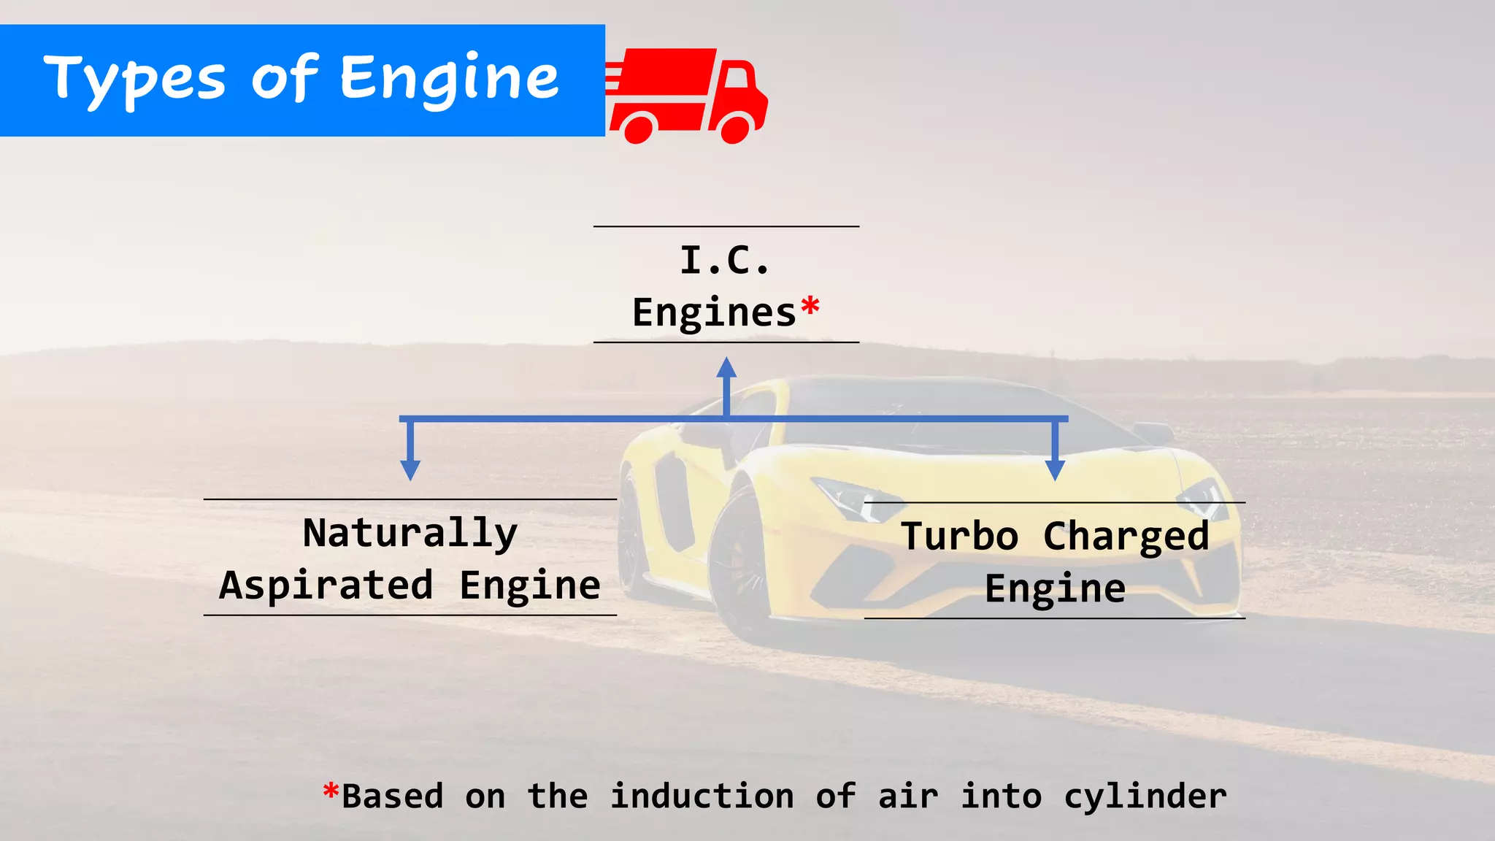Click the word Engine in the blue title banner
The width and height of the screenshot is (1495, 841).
tap(449, 79)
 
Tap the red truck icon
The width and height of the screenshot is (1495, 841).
tap(686, 95)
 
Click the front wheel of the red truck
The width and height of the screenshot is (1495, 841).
tap(735, 128)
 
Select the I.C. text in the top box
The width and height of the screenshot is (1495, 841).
tap(725, 261)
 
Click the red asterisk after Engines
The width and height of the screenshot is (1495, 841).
tap(810, 307)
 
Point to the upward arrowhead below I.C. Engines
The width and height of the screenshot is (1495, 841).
tap(726, 368)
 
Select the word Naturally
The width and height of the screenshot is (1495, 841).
tap(410, 533)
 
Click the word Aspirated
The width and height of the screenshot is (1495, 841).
tap(326, 585)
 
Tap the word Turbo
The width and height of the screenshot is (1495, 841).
tap(959, 537)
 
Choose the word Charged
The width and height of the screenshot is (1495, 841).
tap(1126, 537)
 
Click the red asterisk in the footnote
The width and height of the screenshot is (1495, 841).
tap(331, 791)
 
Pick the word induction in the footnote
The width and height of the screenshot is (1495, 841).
tap(702, 796)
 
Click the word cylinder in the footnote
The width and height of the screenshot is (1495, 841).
tap(1145, 796)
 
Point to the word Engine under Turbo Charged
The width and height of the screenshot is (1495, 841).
tap(1055, 589)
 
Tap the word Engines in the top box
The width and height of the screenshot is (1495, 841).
tap(714, 313)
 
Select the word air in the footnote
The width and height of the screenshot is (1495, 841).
tap(908, 796)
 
